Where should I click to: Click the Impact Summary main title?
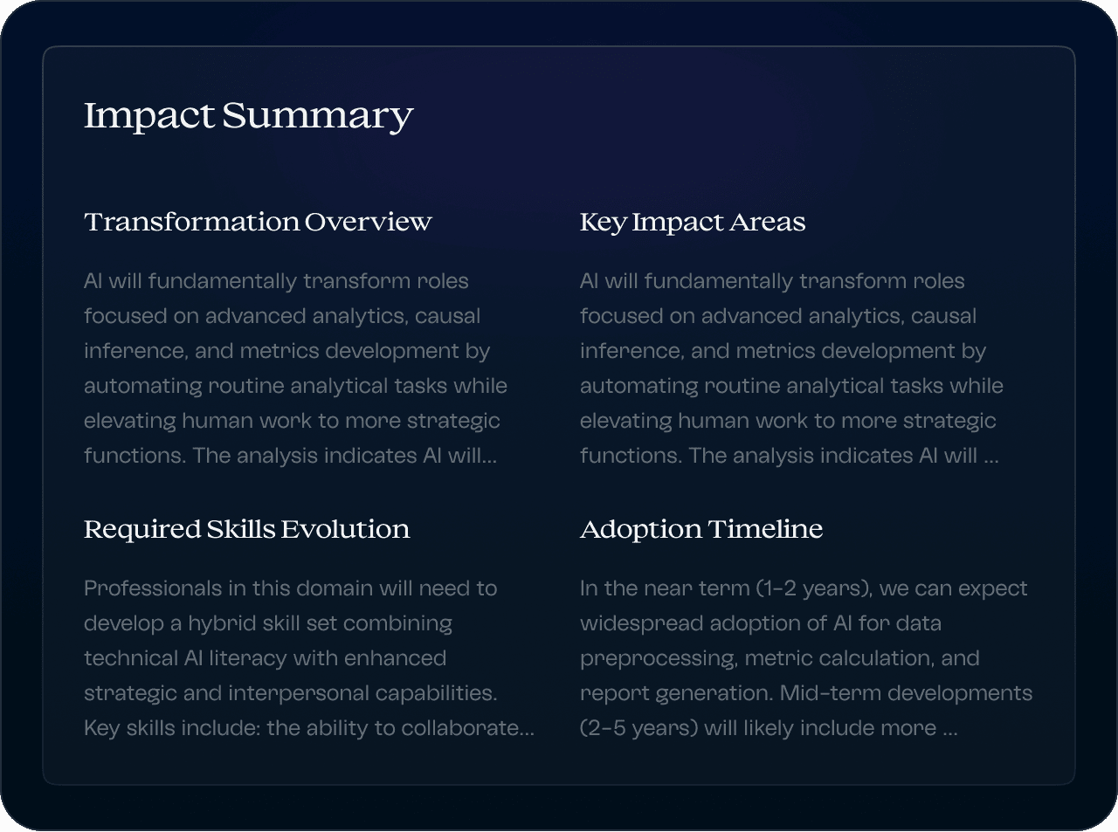tap(248, 116)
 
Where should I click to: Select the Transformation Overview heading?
tap(258, 223)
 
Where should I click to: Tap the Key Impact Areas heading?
tap(692, 223)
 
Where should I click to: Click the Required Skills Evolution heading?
tap(246, 530)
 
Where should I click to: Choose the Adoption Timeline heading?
tap(700, 530)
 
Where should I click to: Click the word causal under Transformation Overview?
tap(447, 316)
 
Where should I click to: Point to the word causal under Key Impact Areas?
tap(943, 316)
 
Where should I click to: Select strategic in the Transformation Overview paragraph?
tap(453, 421)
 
